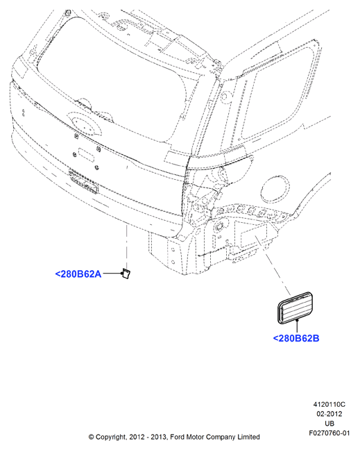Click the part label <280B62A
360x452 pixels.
click(x=78, y=274)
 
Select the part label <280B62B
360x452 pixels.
click(x=296, y=338)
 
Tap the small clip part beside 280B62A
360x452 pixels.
click(x=126, y=274)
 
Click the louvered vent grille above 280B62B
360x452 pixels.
click(x=295, y=308)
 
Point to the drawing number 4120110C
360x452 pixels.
click(x=329, y=404)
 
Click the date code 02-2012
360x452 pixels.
click(x=329, y=414)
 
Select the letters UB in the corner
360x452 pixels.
click(x=329, y=424)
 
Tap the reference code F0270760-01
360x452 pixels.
click(x=329, y=433)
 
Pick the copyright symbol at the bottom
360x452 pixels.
click(x=91, y=437)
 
